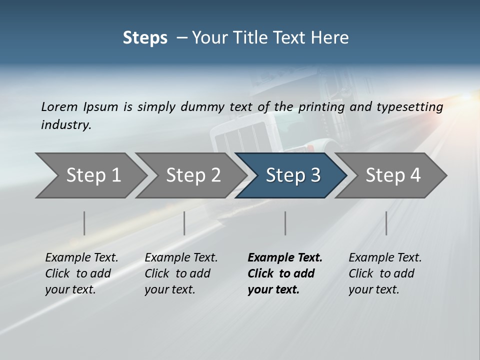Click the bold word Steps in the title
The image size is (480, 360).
pos(145,38)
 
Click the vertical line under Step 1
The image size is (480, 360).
pos(84,223)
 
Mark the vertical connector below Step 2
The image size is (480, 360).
pos(184,223)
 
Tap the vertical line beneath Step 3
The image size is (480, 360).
pos(285,223)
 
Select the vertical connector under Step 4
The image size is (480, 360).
pos(386,223)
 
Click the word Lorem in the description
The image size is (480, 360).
pos(59,107)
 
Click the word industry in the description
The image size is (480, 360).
pos(65,125)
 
